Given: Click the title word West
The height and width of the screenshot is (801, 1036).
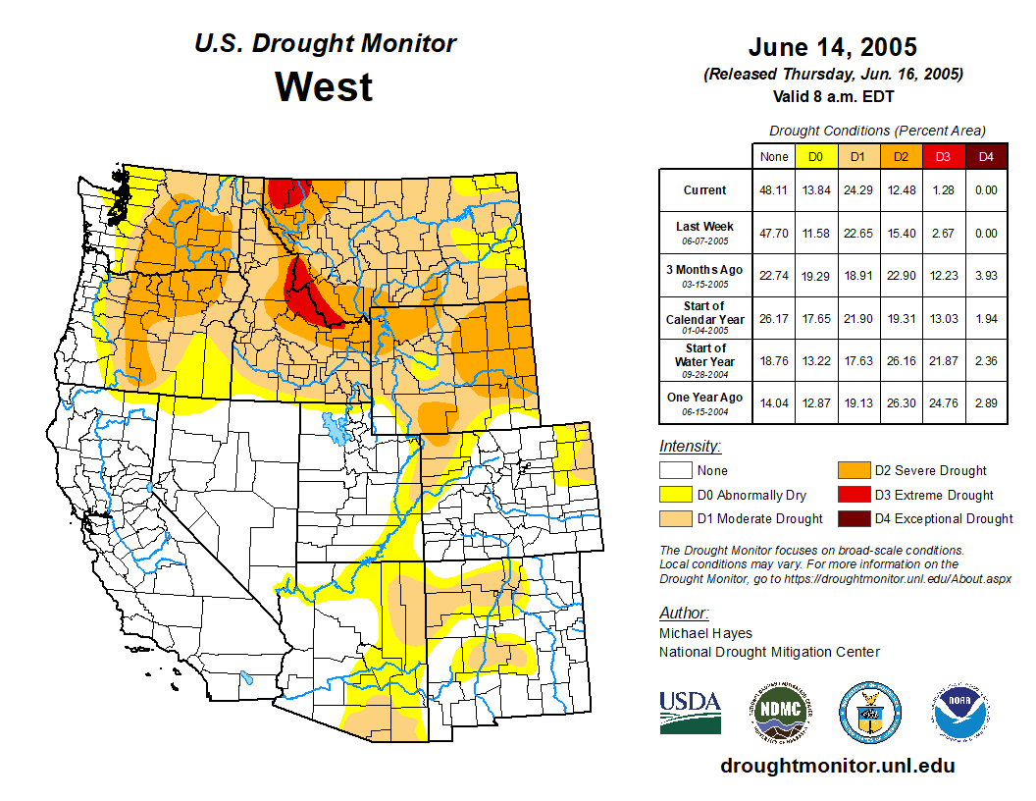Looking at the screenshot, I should click(324, 86).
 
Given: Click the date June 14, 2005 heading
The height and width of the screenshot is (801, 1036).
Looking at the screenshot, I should click(832, 46).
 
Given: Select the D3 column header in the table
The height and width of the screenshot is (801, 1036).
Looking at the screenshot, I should click(943, 157).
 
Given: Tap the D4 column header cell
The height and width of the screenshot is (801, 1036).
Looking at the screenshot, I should click(986, 157).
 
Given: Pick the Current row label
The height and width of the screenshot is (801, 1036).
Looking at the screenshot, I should click(705, 190).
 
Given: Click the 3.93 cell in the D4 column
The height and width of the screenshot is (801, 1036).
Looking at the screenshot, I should click(986, 276).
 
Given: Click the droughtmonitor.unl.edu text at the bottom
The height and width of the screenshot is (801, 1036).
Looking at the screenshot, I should click(838, 766).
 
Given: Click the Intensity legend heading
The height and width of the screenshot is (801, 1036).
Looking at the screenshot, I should click(690, 447).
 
